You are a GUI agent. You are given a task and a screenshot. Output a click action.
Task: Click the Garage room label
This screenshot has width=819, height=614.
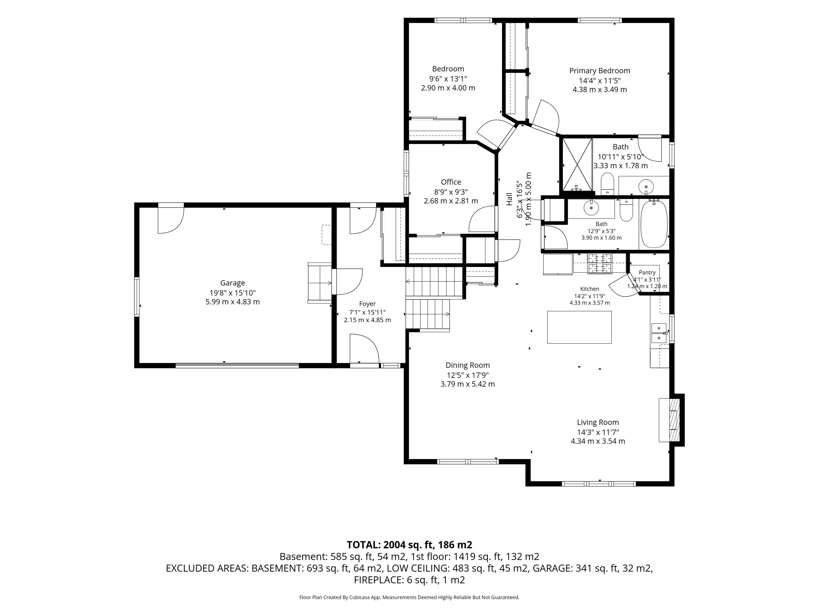click(x=232, y=283)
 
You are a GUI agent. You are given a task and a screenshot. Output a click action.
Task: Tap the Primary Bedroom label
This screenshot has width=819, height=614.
click(x=600, y=71)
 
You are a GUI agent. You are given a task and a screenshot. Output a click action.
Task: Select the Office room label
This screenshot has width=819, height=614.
click(x=451, y=182)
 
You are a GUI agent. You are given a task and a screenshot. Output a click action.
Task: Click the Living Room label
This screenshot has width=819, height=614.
click(x=598, y=422)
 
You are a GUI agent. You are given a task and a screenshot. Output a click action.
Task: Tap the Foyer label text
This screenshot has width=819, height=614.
click(x=367, y=304)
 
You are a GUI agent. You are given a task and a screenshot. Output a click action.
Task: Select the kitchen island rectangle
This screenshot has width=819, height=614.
click(x=579, y=327)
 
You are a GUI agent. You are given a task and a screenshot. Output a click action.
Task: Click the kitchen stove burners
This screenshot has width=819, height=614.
click(x=600, y=264)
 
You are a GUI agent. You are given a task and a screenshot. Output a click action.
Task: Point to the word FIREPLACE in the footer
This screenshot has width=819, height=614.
click(x=378, y=580)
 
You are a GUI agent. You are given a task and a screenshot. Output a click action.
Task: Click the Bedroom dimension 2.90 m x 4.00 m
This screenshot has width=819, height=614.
click(x=448, y=88)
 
